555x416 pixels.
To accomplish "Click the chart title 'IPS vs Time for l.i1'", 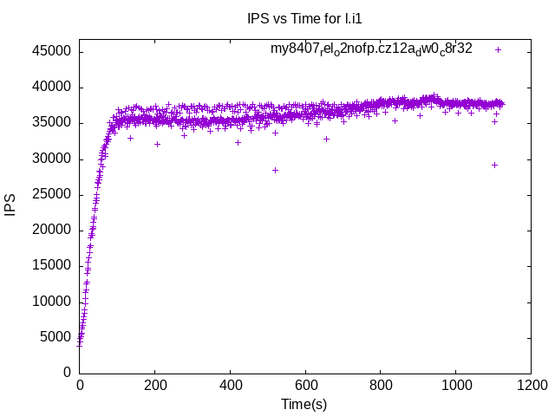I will pos(298,18).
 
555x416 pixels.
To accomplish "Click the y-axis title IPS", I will pos(11,205).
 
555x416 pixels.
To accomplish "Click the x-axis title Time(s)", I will pos(304,404).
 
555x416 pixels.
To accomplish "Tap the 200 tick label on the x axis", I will pos(155,386).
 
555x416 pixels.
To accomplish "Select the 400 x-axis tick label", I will pos(230,386).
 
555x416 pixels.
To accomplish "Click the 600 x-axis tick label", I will pos(305,386).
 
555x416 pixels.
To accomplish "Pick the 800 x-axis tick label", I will pos(381,386).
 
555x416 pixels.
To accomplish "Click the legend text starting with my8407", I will pos(371,49).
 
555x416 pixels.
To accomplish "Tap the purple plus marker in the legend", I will pos(498,49).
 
